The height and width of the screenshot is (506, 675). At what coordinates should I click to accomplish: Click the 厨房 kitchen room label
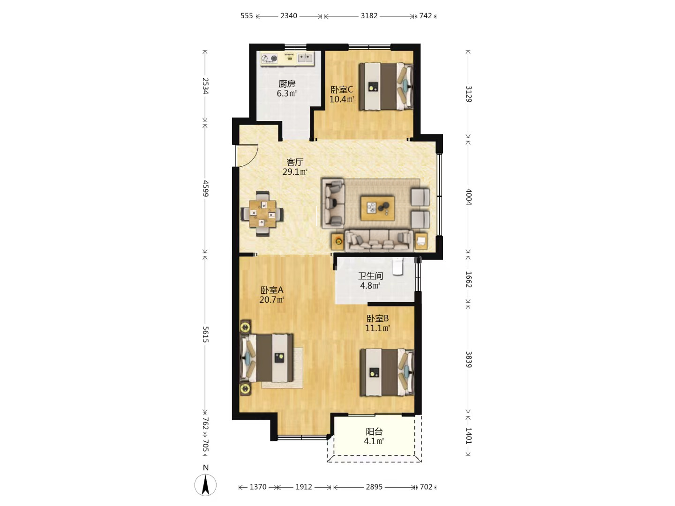pos(286,83)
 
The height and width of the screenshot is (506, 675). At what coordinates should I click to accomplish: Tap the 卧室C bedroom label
pos(342,89)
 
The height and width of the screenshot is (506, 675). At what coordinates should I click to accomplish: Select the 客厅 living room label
pos(295,162)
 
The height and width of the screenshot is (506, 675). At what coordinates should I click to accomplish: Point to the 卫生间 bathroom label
pos(370,275)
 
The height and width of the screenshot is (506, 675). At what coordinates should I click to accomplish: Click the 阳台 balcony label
pos(374,432)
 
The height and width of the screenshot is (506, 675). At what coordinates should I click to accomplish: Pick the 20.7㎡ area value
pos(271,299)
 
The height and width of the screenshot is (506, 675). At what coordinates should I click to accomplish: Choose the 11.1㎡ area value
pos(377,328)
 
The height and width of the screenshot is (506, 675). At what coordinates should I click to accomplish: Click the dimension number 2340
pos(288,15)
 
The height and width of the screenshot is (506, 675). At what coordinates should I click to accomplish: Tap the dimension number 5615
pos(205,334)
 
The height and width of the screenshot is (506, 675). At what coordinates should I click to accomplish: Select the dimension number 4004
pos(468,197)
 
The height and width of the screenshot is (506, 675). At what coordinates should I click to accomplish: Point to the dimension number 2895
pos(374,487)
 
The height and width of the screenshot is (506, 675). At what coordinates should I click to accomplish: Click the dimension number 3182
pos(369,15)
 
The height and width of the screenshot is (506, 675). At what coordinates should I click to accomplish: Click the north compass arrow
pos(205,485)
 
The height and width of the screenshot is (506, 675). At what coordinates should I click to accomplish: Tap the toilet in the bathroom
pos(398,266)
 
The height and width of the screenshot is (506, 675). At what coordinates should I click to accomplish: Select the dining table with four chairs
pos(262,214)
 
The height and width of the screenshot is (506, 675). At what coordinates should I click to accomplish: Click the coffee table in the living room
pos(378,208)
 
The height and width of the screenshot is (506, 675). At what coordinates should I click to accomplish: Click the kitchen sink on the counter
pos(305,58)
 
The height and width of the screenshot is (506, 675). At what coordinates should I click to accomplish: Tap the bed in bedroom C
pos(386,86)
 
